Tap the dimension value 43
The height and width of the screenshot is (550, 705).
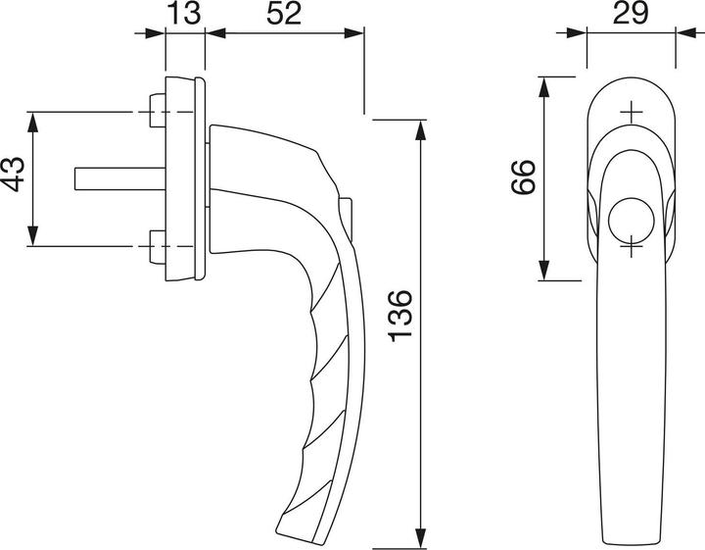[13, 175]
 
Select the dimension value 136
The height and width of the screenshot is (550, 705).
[399, 316]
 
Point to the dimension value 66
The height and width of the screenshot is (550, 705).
[524, 176]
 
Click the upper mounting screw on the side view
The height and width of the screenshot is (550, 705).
[158, 111]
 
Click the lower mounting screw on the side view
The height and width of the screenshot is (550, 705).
[158, 247]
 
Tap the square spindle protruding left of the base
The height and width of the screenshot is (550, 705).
[120, 178]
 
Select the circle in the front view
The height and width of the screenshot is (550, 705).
[631, 220]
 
